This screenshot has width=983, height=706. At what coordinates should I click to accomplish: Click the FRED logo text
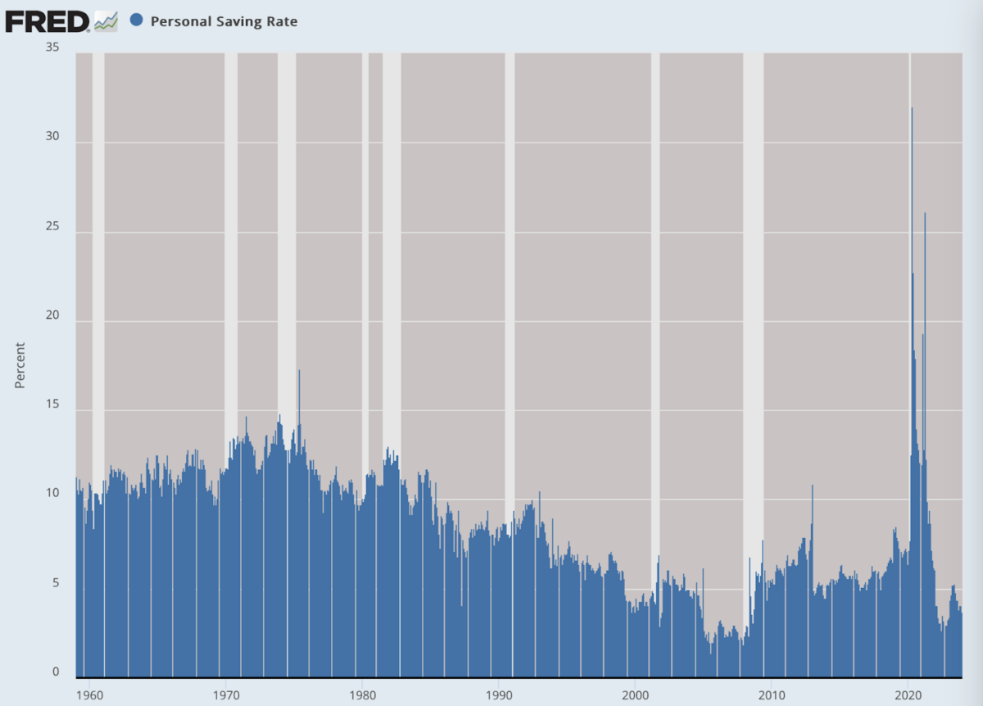(48, 21)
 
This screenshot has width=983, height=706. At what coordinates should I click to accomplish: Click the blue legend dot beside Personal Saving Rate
(136, 20)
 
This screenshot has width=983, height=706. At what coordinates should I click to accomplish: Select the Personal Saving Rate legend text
(224, 21)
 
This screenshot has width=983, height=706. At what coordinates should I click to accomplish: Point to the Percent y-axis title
(20, 365)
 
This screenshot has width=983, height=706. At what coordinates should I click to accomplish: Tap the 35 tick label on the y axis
(52, 48)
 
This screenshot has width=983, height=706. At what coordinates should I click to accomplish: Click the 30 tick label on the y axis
(52, 137)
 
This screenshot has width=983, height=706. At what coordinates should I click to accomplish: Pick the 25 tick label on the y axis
(52, 226)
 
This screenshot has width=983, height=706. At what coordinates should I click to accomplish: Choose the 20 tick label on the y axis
(52, 315)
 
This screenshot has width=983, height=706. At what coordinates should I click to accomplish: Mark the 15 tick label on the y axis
(52, 405)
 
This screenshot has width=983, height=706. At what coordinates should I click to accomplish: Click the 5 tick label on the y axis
(57, 583)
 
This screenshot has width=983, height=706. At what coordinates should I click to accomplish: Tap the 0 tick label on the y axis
(57, 672)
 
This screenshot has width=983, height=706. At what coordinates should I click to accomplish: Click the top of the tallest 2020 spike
(912, 108)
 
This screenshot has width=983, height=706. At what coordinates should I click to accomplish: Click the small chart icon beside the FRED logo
(106, 21)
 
